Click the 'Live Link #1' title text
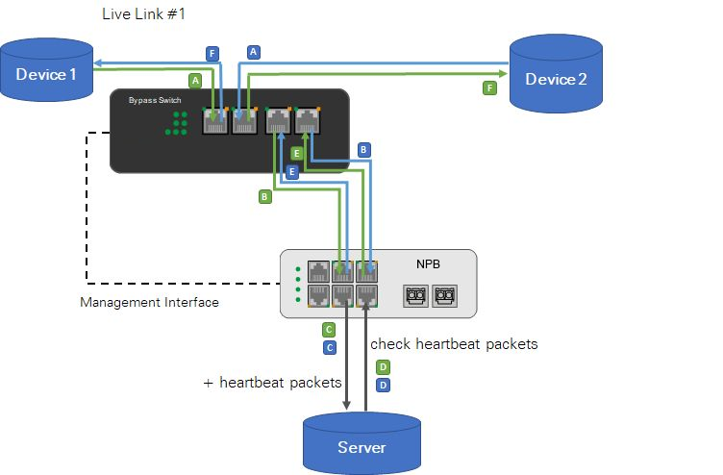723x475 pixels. point(143,14)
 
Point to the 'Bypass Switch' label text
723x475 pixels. point(154,99)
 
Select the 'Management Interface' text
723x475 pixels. point(149,303)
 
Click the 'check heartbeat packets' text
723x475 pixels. point(454,343)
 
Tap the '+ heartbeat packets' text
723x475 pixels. point(272,382)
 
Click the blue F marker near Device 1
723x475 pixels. point(212,53)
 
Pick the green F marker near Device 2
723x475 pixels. point(489,87)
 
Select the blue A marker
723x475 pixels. point(254,52)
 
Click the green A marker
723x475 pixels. point(195,80)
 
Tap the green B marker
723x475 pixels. point(264,196)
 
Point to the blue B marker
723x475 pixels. point(363,149)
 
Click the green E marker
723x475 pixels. point(297,154)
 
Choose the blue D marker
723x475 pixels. point(383,385)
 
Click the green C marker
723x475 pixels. point(329,330)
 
